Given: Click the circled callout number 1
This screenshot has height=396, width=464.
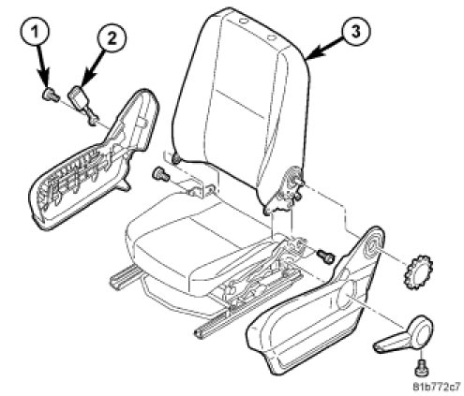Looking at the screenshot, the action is (36, 32).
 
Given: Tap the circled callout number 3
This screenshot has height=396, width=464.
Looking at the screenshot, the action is (355, 31).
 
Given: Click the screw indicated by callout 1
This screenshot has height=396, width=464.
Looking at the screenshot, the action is (51, 95).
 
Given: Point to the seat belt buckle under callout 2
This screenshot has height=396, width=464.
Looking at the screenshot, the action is (82, 104).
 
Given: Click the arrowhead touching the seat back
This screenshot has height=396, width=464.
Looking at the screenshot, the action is (312, 53).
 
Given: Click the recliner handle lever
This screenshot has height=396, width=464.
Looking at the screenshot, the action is (406, 335).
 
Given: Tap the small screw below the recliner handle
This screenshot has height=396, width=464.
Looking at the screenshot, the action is (421, 367).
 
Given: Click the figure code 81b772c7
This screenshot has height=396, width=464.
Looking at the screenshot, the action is (437, 388).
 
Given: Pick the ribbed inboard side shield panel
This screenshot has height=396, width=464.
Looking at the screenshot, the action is (94, 159).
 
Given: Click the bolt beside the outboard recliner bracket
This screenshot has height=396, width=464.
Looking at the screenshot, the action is (326, 256).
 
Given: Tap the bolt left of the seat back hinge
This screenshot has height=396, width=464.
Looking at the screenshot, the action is (160, 174).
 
